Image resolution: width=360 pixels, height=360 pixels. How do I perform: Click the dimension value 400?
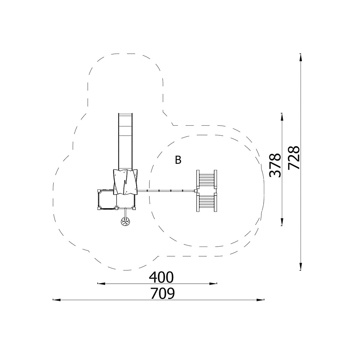(x=161, y=277)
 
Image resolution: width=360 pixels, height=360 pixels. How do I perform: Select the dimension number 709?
(x=163, y=293)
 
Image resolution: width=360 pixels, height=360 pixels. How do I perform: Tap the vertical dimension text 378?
(x=275, y=165)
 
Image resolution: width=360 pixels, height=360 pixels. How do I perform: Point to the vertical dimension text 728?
(x=294, y=158)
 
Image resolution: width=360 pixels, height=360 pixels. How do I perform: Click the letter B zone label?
(x=178, y=160)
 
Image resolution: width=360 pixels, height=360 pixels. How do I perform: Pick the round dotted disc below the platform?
(x=126, y=221)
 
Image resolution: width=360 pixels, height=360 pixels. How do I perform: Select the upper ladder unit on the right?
(x=207, y=179)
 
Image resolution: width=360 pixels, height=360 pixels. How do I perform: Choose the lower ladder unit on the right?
(x=207, y=202)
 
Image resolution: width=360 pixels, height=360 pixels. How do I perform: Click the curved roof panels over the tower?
(x=125, y=182)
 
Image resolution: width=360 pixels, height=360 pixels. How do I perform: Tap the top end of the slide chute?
(x=125, y=113)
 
